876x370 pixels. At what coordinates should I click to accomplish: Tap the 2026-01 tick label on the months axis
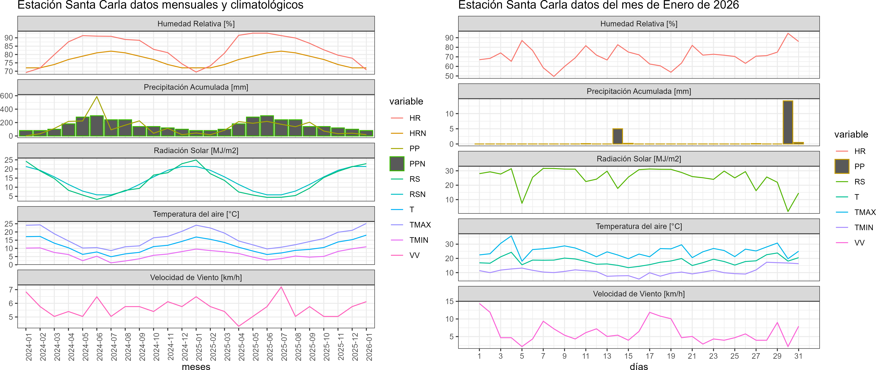click(x=369, y=347)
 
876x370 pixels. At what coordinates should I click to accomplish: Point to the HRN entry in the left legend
click(x=418, y=133)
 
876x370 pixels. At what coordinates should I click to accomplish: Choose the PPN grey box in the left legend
click(x=397, y=164)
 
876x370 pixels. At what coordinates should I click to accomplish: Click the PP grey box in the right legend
click(x=842, y=166)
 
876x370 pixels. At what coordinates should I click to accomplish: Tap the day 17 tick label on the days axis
click(x=650, y=356)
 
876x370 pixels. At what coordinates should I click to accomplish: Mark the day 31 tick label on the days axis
click(x=798, y=356)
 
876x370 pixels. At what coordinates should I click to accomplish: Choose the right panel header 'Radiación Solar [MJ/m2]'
click(x=639, y=159)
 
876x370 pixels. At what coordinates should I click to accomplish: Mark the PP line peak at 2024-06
click(x=97, y=97)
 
